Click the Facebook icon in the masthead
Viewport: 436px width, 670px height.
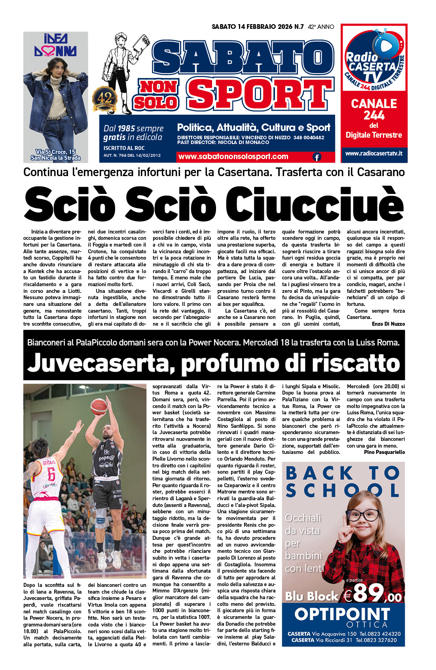pyautogui.click(x=317, y=157)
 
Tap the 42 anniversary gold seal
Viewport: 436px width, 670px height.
pyautogui.click(x=105, y=99)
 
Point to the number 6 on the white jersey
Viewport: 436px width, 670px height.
pyautogui.click(x=51, y=474)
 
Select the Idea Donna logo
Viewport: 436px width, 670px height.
pyautogui.click(x=55, y=45)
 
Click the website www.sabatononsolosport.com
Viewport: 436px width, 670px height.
pyautogui.click(x=233, y=157)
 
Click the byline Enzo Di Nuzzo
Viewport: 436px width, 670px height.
pyautogui.click(x=388, y=324)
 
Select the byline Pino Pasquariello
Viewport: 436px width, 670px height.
pyautogui.click(x=384, y=452)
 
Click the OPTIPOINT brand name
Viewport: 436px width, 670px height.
pyautogui.click(x=342, y=615)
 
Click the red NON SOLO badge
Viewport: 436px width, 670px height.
pyautogui.click(x=157, y=95)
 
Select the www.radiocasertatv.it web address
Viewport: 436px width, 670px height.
pyautogui.click(x=373, y=153)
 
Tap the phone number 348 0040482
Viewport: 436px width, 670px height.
pyautogui.click(x=309, y=138)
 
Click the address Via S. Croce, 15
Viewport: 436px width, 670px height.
pyautogui.click(x=55, y=152)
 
